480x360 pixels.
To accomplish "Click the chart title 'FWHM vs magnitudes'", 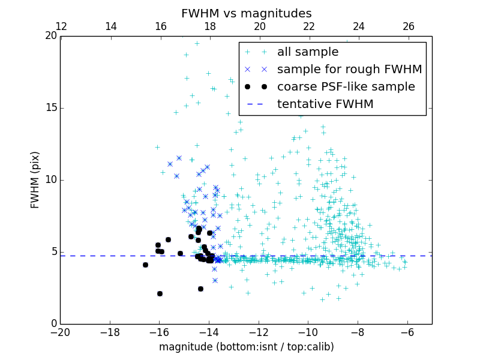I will click(x=246, y=13).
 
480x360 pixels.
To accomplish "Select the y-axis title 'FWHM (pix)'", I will click(x=35, y=180).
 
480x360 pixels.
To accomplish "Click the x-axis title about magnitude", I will click(x=246, y=347).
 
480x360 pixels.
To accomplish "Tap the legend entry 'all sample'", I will click(x=307, y=52).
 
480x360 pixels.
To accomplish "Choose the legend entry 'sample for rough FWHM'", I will click(x=349, y=70).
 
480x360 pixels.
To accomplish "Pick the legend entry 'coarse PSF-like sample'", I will click(x=346, y=86).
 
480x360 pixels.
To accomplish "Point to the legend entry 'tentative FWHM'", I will click(x=325, y=104).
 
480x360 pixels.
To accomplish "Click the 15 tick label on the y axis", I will click(x=51, y=108).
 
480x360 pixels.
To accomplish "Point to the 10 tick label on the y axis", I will click(x=51, y=180).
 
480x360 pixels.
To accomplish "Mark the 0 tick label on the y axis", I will click(x=53, y=324).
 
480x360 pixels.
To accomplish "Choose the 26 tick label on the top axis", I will click(x=408, y=26).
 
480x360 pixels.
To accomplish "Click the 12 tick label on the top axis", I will click(x=61, y=26).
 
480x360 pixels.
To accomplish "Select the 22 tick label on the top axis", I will click(x=308, y=26).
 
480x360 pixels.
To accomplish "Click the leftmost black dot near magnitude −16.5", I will click(x=145, y=265).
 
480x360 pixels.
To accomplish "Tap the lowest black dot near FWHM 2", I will click(x=160, y=293).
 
